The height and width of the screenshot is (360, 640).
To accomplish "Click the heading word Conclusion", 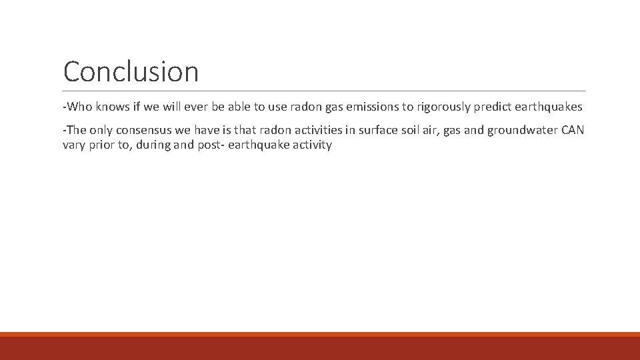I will [x=131, y=71].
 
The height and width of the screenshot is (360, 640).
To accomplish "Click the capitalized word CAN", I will [x=573, y=130].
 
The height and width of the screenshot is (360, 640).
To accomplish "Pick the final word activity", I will [x=309, y=145].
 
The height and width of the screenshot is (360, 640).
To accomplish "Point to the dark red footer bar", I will [x=320, y=348].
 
